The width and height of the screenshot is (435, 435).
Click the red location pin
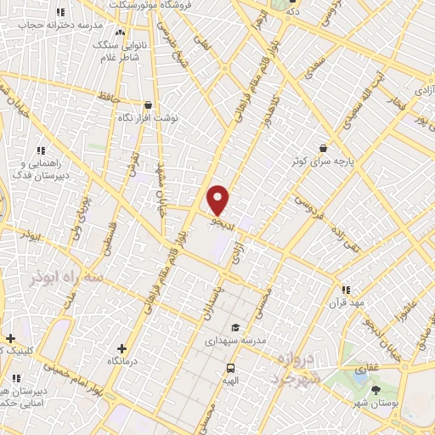(x=218, y=199)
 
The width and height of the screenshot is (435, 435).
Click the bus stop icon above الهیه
(x=230, y=368)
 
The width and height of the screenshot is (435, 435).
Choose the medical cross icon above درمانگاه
(x=121, y=347)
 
